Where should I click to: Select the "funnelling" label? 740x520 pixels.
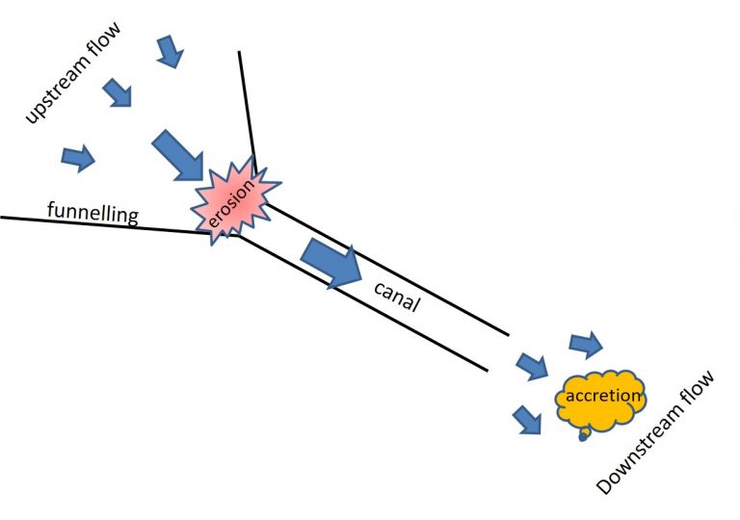tap(92, 213)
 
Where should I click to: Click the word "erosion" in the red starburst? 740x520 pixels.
tap(231, 202)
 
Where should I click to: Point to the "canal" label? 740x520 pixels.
tap(397, 298)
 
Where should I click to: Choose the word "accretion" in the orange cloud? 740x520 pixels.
tap(603, 396)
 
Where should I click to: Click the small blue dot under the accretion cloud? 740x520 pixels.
tap(583, 437)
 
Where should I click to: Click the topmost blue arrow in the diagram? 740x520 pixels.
tap(170, 51)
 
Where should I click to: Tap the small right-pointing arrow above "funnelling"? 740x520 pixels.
tap(78, 158)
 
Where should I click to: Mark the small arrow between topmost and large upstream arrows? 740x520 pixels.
tap(117, 92)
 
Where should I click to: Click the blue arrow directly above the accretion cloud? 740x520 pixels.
tap(586, 345)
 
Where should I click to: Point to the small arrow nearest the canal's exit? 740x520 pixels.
tap(532, 366)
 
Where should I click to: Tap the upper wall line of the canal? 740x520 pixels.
tap(387, 270)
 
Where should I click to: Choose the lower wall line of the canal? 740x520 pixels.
tap(362, 303)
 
